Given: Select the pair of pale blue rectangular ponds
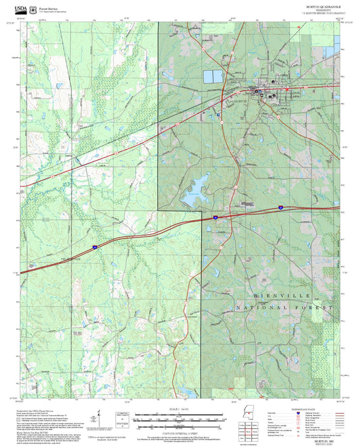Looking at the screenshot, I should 213,77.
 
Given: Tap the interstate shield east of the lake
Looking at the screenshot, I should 215,217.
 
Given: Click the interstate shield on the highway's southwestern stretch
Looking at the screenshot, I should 95,247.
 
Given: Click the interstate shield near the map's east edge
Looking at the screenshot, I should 280,209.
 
